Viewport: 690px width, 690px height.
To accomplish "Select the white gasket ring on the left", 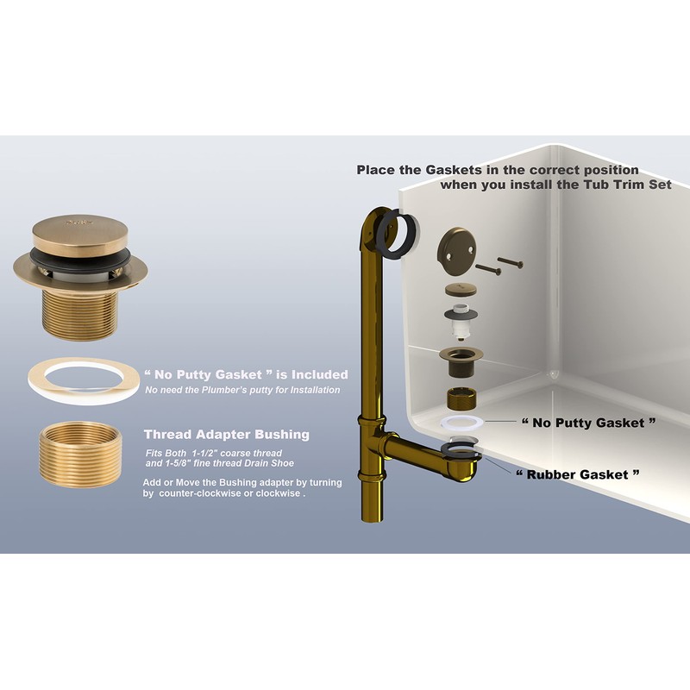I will coord(79,380).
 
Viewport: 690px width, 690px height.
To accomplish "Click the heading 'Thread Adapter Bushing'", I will coord(227,434).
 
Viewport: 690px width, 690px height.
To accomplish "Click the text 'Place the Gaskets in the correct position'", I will coord(498,169).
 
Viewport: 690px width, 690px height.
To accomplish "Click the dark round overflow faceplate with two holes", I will coord(451,246).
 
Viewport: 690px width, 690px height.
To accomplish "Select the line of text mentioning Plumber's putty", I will coord(242,391).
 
